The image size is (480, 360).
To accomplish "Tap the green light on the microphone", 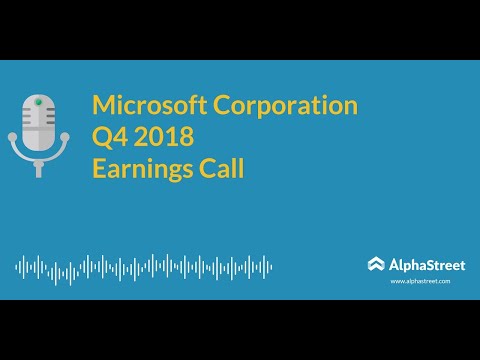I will click(x=37, y=102).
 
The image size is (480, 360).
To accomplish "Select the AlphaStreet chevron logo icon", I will click(x=375, y=264).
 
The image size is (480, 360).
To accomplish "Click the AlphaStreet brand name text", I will click(x=421, y=264).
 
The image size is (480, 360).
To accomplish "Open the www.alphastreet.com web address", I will click(x=420, y=282).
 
